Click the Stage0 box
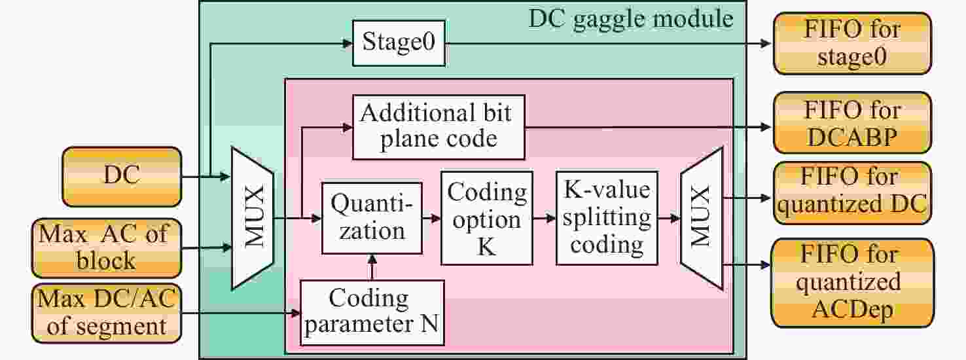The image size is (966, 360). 399,43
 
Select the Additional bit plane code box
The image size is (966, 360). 438,126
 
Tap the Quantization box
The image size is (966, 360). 372,217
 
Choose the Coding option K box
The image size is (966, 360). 487,218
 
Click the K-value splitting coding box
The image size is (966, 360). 607,218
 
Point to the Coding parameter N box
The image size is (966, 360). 372,312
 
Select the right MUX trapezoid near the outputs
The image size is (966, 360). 700,217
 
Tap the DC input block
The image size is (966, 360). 121,177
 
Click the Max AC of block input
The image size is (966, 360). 105,247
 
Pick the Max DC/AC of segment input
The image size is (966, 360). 105,313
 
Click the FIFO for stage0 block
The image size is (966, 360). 851,43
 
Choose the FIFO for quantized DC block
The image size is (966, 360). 851,191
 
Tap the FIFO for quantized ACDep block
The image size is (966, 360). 851,283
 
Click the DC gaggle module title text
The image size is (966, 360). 631,18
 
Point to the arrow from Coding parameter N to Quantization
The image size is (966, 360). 372,266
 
